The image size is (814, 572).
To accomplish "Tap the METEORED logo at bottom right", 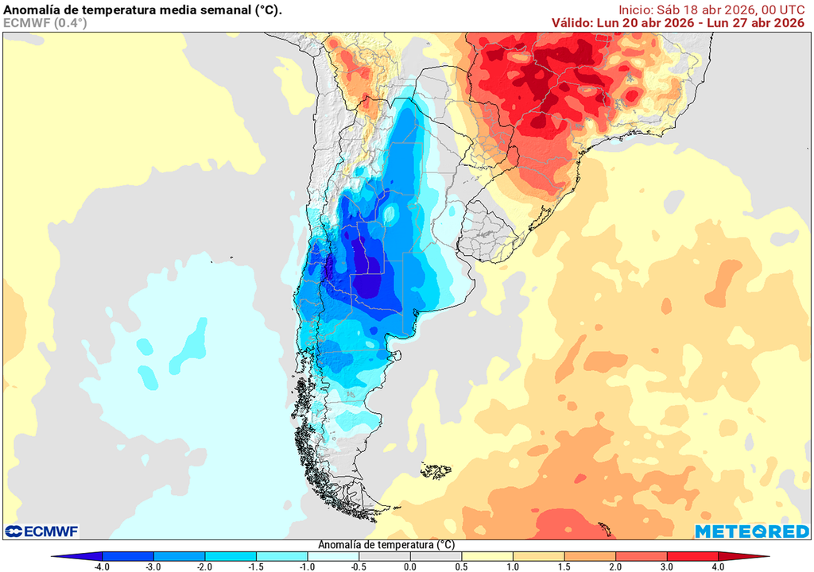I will [x=750, y=531].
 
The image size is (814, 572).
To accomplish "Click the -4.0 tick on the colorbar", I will [x=102, y=566].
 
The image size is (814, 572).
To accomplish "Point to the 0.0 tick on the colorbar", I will [x=410, y=566].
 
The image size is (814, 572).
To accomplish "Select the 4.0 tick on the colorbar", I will [x=718, y=566].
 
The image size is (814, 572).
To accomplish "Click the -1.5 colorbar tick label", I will [x=256, y=566].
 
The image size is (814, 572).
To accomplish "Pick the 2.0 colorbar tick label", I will [x=615, y=566].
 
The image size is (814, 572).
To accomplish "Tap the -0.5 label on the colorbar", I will [x=359, y=566].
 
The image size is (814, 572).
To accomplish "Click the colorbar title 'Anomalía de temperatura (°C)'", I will [x=386, y=545].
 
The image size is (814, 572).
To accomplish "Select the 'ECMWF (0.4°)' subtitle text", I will [x=45, y=23].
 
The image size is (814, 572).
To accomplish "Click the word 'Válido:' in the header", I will [x=572, y=23].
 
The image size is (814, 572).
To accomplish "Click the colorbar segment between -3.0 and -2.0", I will [x=179, y=556].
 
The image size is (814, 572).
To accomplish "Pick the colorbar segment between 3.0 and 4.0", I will [x=692, y=556].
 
